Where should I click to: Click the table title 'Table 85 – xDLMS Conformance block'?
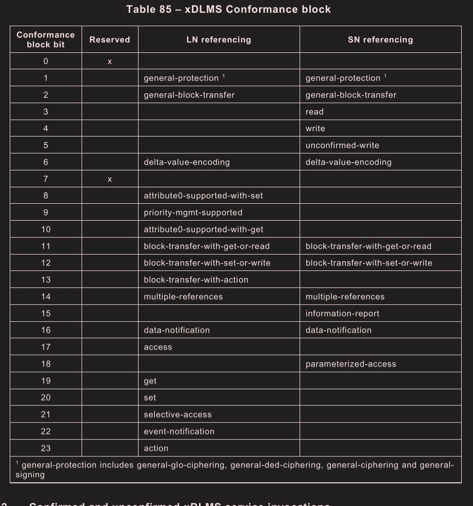tap(228, 9)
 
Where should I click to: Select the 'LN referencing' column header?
tap(219, 40)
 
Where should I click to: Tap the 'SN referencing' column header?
tap(380, 40)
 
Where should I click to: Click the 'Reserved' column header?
tap(109, 40)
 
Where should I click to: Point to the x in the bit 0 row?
tap(109, 62)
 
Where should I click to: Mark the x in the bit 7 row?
tap(109, 179)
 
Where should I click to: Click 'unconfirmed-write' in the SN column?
tap(342, 145)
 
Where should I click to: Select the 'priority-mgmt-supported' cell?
tap(193, 212)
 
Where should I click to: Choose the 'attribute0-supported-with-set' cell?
tap(203, 196)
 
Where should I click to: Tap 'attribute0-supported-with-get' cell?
tap(203, 229)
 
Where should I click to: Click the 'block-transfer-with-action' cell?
tap(196, 280)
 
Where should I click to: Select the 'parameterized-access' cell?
tap(351, 364)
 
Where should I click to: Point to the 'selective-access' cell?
tap(178, 415)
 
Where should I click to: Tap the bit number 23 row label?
tap(46, 448)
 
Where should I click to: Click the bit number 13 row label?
tap(46, 280)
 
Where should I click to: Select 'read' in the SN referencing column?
tap(314, 112)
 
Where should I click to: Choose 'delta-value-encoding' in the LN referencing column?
tap(187, 162)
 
